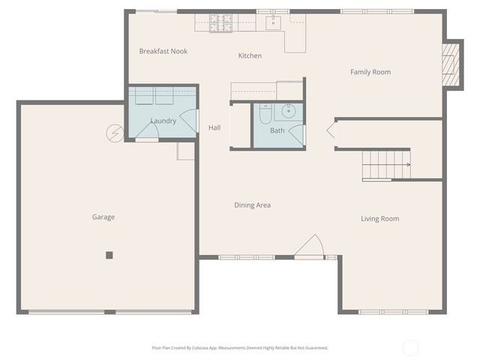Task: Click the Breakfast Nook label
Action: (x=163, y=51)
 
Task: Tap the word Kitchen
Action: (x=250, y=55)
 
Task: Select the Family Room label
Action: (x=370, y=72)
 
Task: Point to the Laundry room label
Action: (x=163, y=121)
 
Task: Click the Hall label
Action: (x=214, y=127)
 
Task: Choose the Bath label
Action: (x=277, y=130)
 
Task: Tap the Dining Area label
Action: (x=252, y=205)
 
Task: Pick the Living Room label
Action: (x=379, y=219)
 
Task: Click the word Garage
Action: (x=103, y=217)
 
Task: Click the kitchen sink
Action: (x=274, y=22)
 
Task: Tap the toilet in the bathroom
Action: (x=265, y=114)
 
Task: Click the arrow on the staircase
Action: (x=406, y=164)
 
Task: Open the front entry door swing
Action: (x=310, y=247)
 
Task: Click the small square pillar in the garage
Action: (x=109, y=255)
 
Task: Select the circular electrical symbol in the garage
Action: (x=115, y=133)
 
